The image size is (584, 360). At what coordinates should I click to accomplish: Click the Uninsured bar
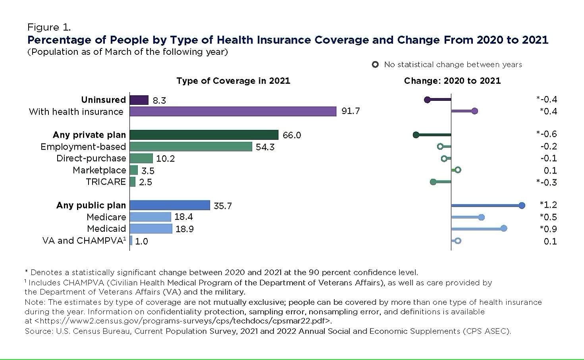pos(139,100)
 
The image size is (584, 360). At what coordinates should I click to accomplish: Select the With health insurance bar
pos(233,112)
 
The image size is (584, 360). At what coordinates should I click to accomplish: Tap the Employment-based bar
pos(191,147)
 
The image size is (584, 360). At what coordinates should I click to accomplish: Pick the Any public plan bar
pos(170,205)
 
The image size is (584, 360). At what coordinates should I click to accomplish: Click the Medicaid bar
pos(151,229)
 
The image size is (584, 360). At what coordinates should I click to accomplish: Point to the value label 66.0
pos(292,135)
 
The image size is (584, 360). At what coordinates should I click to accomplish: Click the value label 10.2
pos(166,159)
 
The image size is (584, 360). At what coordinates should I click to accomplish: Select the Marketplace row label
pos(99,170)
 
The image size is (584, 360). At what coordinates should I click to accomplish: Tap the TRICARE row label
pos(106,182)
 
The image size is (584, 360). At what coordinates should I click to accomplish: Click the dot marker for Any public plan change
pos(522,205)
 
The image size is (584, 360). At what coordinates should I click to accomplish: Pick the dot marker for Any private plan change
pos(416,135)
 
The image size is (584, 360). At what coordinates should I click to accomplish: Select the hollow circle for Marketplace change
pos(458,170)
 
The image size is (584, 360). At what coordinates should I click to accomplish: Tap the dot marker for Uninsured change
pos(427,100)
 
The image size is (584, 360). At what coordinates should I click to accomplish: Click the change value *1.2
pos(548,205)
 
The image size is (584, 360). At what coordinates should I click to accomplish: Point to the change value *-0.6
pos(547,134)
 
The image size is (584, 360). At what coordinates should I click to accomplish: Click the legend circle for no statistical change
pos(375,65)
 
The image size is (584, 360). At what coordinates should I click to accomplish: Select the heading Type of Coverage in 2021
pos(233,81)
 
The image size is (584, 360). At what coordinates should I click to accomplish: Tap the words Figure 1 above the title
pos(49,27)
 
